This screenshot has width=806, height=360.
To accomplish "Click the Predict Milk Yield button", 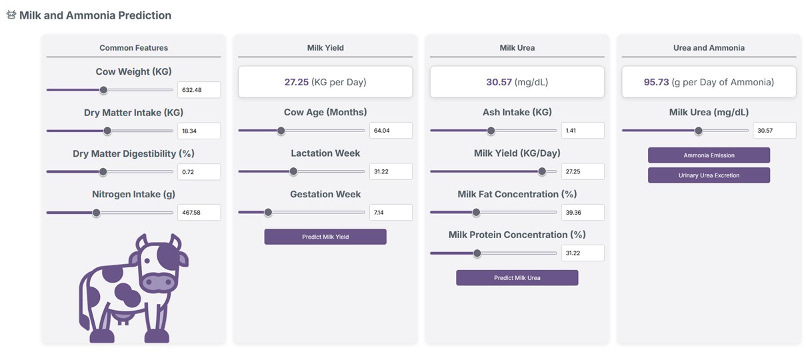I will click(325, 237).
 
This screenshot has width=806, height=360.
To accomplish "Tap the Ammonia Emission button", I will click(709, 155).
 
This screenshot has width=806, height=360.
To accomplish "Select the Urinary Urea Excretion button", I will click(709, 175).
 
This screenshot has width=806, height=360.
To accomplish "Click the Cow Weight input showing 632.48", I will click(199, 90).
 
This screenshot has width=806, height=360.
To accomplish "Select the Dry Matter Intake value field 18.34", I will click(199, 131).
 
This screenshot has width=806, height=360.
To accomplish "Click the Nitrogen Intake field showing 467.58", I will click(199, 213).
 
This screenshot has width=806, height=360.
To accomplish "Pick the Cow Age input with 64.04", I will click(391, 131).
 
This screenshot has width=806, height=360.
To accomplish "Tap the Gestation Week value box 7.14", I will click(391, 213).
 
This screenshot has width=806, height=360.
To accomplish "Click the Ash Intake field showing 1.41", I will click(583, 131).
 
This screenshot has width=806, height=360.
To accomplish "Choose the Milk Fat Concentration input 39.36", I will click(583, 213).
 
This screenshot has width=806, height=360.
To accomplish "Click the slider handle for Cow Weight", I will click(103, 90).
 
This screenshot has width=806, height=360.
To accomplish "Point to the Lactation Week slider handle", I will click(293, 171).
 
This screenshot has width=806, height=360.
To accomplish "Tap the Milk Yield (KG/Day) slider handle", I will click(542, 171).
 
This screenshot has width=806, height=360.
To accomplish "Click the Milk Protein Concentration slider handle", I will click(477, 253).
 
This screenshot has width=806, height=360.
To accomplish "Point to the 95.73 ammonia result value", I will click(656, 82).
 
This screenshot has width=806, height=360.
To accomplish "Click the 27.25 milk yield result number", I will click(297, 82).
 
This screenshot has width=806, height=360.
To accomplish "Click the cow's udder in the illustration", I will click(122, 319).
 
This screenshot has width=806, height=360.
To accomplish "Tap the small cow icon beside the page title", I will click(11, 15).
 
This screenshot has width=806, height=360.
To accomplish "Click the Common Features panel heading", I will click(133, 48).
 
